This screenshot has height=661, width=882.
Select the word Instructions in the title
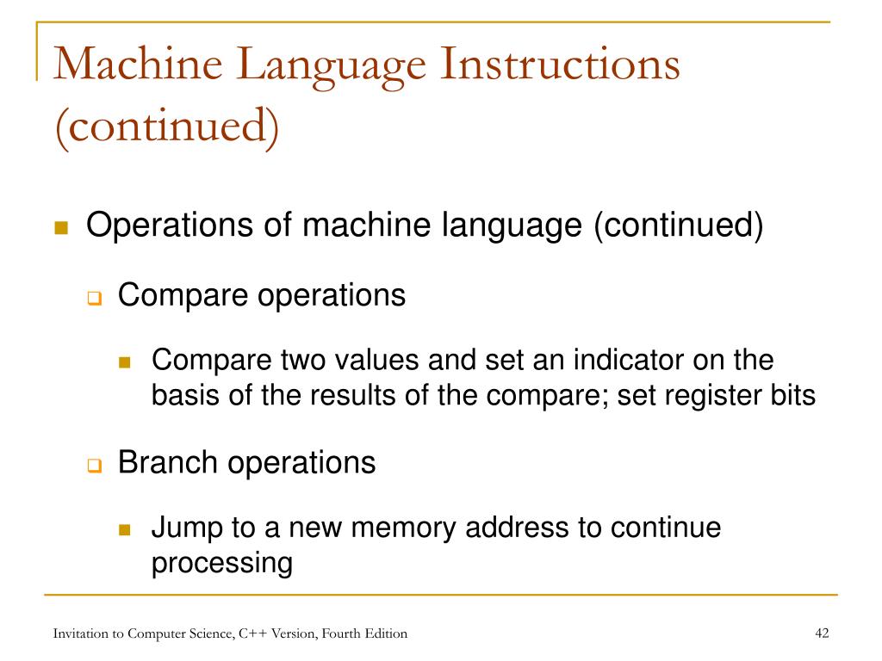[559, 68]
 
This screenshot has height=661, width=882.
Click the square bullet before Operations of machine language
[61, 229]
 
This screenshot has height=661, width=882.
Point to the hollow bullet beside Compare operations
[94, 299]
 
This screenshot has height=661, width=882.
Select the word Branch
[167, 463]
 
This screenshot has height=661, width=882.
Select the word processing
[222, 565]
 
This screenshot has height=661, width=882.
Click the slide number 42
[821, 634]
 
